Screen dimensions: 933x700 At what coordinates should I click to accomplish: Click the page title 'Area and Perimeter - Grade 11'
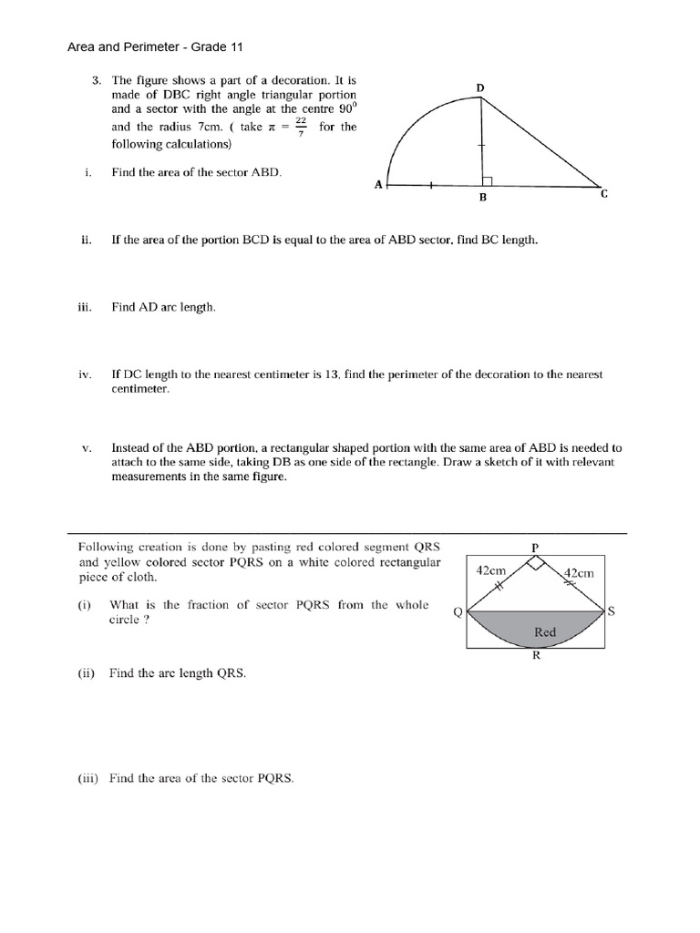click(156, 46)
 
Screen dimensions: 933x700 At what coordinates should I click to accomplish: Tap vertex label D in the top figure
click(480, 87)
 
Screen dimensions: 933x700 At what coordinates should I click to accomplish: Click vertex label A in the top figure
click(378, 185)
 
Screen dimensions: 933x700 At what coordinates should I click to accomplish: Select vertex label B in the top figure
click(483, 198)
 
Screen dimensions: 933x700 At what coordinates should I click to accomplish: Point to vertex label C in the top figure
click(603, 194)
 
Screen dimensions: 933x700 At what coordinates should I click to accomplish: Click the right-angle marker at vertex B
click(488, 181)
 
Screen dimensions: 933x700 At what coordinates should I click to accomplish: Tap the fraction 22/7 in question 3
click(301, 128)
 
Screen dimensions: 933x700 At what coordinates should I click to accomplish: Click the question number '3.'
click(97, 80)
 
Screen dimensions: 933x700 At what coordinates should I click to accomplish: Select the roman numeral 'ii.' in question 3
click(87, 241)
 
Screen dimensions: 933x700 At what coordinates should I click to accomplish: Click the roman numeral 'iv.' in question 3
click(87, 374)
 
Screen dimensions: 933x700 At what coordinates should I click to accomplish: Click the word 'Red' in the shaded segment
click(544, 631)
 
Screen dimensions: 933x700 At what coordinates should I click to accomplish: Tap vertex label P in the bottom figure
click(535, 547)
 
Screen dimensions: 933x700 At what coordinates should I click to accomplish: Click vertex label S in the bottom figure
click(612, 611)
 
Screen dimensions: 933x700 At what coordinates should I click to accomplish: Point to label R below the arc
click(536, 661)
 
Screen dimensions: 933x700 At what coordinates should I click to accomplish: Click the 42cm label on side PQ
click(491, 570)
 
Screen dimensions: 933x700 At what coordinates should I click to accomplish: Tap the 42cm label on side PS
click(579, 573)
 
